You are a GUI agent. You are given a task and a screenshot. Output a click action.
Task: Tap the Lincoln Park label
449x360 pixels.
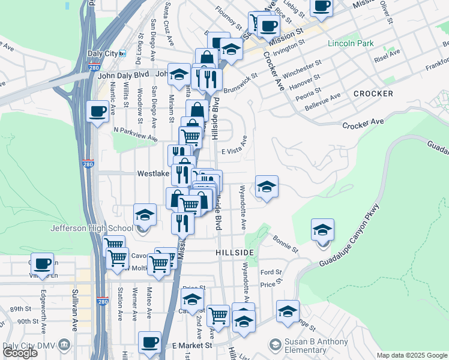(x=351, y=43)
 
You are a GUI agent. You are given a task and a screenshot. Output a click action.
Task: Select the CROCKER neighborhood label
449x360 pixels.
(x=373, y=94)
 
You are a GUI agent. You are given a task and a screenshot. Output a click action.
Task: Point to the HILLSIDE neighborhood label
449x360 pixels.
(x=235, y=253)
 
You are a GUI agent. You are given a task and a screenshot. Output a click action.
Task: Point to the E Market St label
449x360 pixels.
(x=192, y=346)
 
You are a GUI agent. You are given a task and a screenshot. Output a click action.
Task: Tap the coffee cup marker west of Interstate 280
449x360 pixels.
(x=97, y=111)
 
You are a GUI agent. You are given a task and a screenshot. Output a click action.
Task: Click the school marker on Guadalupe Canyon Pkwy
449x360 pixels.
(x=322, y=230)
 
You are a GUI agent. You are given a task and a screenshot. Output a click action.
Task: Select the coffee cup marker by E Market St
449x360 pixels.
(x=149, y=343)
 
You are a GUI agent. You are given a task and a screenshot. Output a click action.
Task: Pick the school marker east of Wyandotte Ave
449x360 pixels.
(x=267, y=187)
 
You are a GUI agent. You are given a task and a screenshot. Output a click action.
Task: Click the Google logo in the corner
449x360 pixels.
(x=20, y=353)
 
